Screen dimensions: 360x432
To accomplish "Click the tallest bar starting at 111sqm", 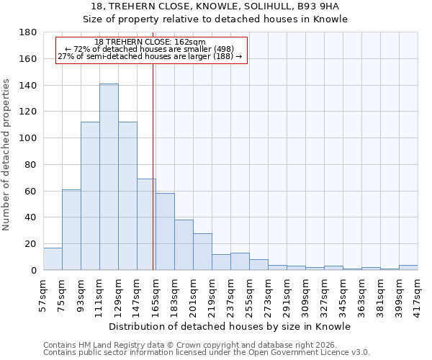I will pos(109,177).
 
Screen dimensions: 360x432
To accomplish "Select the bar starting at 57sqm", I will pos(53,258).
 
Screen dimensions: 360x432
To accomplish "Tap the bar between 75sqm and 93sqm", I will pos(71,230).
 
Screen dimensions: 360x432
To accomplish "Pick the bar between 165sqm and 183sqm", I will pos(165,232).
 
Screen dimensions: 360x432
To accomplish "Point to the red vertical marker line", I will pos(153,166).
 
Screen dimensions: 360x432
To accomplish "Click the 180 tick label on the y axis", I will pos(28,32).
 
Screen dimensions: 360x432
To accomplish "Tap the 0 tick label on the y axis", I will pos(33,270).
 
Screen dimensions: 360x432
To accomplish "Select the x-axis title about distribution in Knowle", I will pos(230,326).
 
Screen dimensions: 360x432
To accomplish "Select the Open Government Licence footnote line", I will pos(207,353).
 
